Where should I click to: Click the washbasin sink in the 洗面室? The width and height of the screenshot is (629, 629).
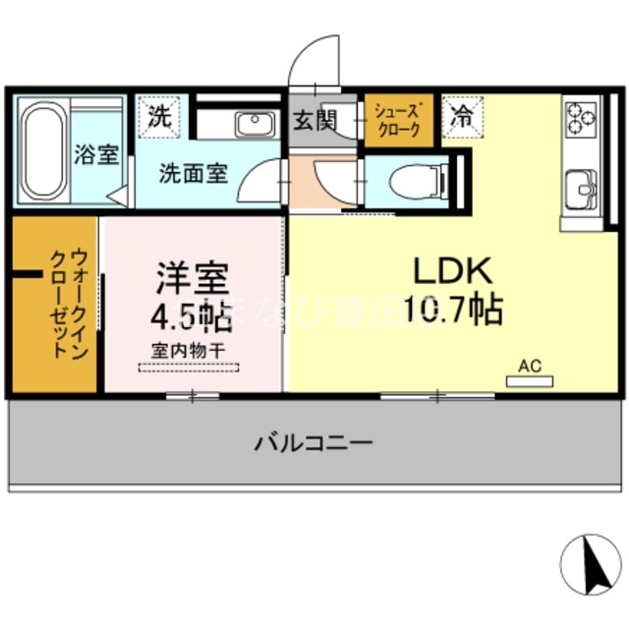coord(255,124)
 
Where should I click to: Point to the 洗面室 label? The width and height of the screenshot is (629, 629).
coord(195,175)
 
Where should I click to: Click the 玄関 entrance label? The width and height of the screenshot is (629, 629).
coord(314,123)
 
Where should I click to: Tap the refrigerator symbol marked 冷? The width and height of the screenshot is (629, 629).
coord(461,115)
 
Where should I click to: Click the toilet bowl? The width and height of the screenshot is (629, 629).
coord(413,181)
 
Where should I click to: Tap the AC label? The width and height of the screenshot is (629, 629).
coord(531,366)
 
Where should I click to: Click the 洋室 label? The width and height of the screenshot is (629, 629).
coord(192,277)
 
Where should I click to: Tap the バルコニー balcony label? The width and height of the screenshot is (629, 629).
coord(314,442)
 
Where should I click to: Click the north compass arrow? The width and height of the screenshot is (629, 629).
coord(593,563)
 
